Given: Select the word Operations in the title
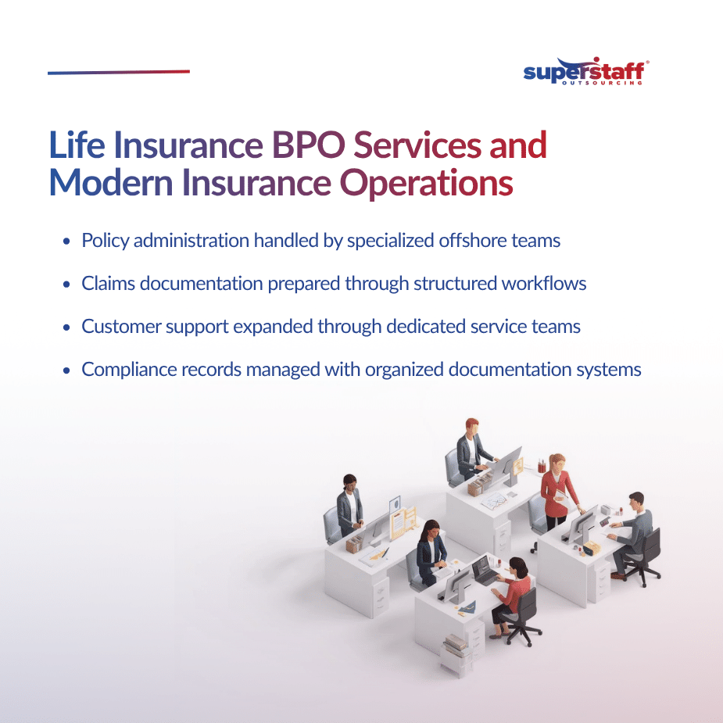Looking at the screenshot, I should [x=427, y=184].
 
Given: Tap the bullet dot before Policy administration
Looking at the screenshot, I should [x=67, y=242].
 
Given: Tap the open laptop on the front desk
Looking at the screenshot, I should [x=484, y=571].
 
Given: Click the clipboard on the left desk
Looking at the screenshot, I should [x=403, y=519].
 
